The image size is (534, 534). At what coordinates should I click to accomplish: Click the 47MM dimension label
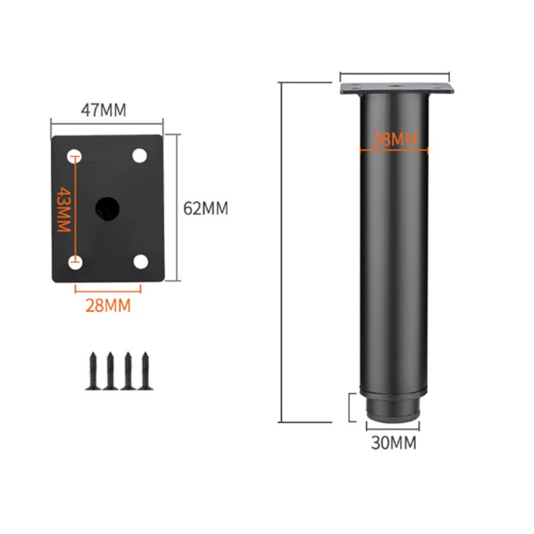(103, 110)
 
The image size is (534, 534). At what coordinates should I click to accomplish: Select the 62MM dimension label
(206, 208)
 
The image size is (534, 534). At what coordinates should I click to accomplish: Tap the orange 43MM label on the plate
(63, 209)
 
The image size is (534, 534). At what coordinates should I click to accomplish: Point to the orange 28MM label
(108, 306)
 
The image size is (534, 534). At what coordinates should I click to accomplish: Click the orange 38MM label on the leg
(394, 139)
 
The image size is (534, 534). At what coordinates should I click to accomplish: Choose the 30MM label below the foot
(394, 443)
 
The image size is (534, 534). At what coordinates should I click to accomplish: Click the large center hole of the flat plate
(107, 208)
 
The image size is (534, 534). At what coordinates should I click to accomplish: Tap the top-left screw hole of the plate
(75, 156)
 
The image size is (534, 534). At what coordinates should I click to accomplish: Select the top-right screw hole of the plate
(140, 156)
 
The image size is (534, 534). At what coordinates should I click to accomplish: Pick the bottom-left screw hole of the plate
(75, 262)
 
